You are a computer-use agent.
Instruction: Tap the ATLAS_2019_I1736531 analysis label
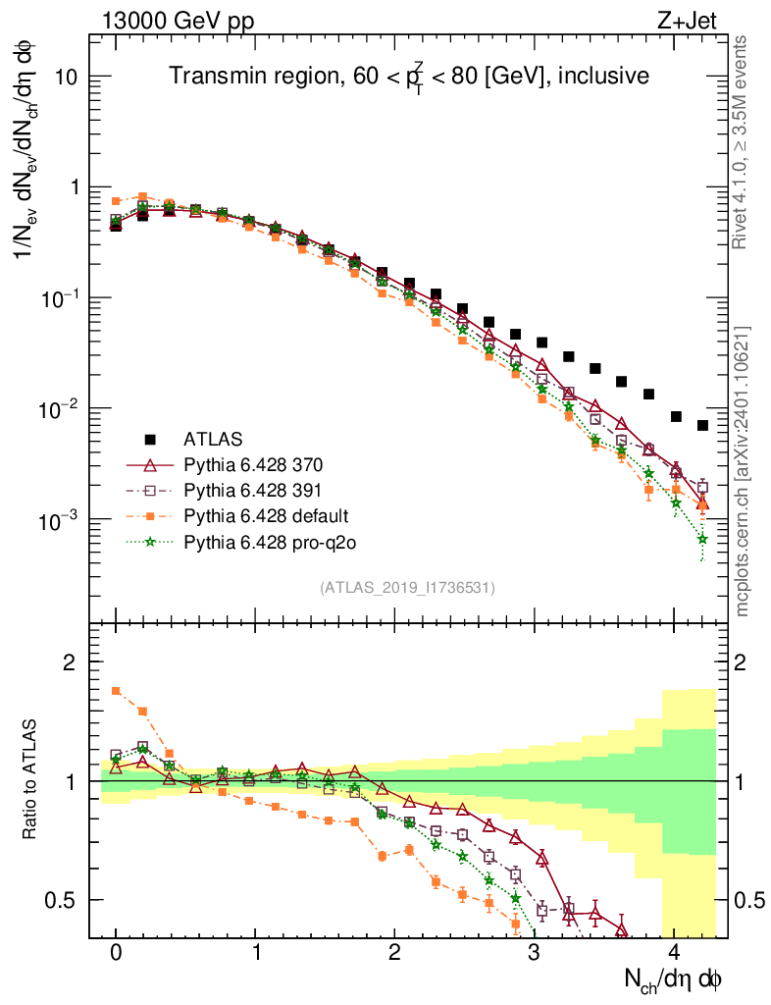click(x=407, y=588)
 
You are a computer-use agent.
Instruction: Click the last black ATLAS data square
click(x=702, y=425)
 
